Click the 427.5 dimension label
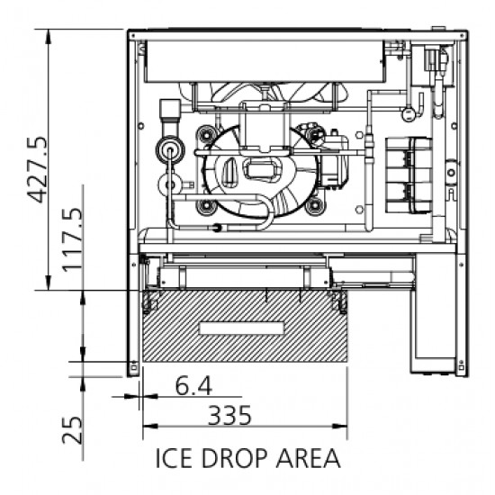pyautogui.click(x=37, y=169)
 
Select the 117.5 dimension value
pyautogui.click(x=72, y=239)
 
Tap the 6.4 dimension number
pyautogui.click(x=193, y=386)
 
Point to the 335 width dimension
pyautogui.click(x=229, y=415)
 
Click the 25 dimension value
pyautogui.click(x=72, y=430)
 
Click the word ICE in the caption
pyautogui.click(x=174, y=458)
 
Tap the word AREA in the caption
pyautogui.click(x=309, y=458)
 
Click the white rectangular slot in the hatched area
pyautogui.click(x=242, y=328)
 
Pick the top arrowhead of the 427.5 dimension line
pyautogui.click(x=48, y=36)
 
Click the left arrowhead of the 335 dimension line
pyautogui.click(x=150, y=427)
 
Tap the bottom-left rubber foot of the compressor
pyautogui.click(x=206, y=206)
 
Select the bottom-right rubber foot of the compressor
pyautogui.click(x=314, y=206)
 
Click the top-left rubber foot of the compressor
pyautogui.click(x=206, y=135)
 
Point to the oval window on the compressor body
pyautogui.click(x=230, y=171)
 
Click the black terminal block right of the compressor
pyautogui.click(x=409, y=175)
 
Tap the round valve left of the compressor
pyautogui.click(x=170, y=149)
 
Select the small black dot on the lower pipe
pyautogui.click(x=217, y=228)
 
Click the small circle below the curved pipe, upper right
pyautogui.click(x=409, y=114)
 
